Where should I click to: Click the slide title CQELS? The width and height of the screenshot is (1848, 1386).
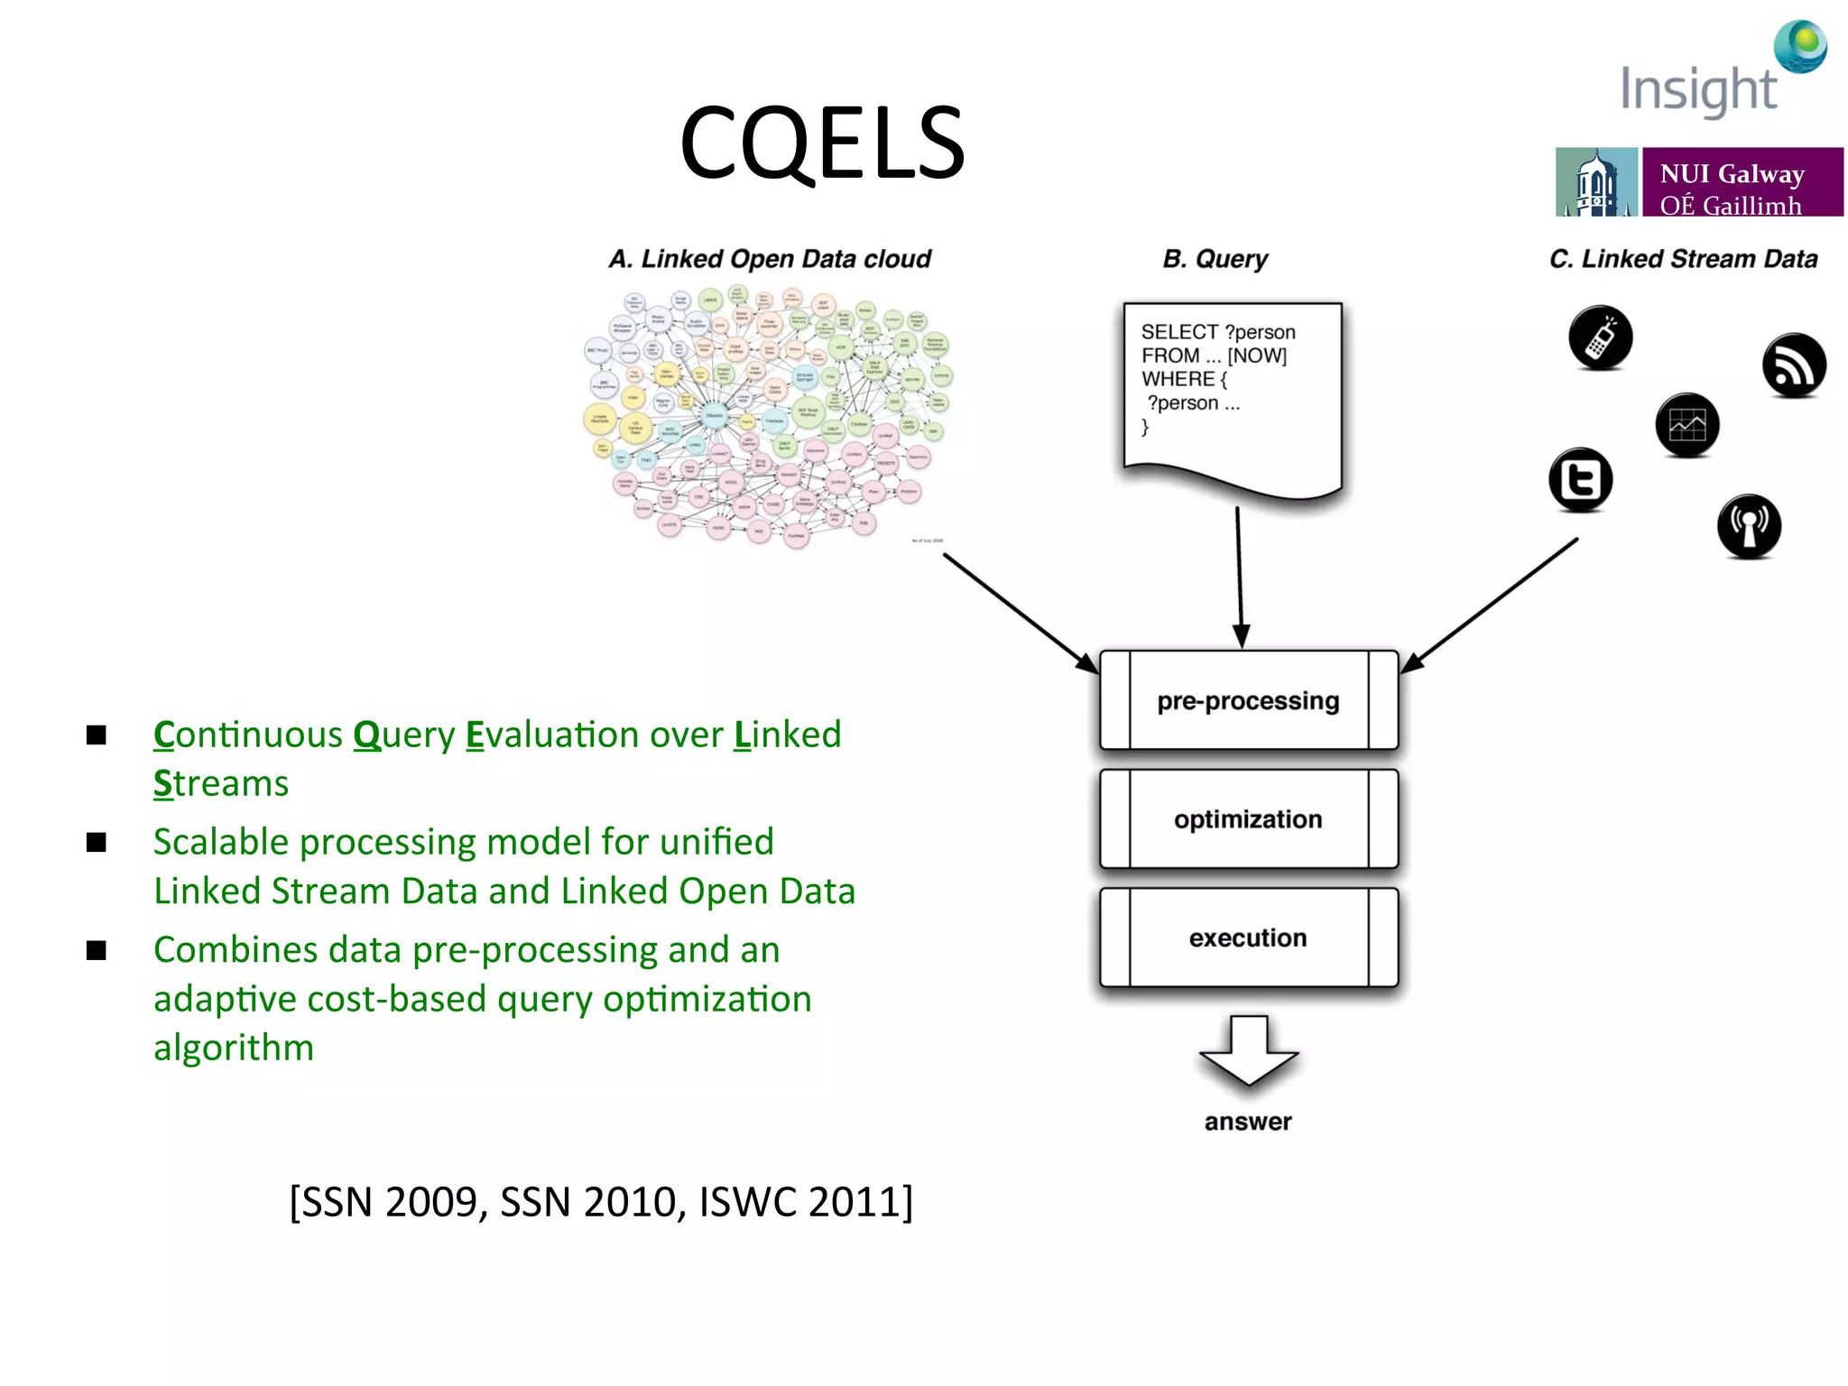[822, 143]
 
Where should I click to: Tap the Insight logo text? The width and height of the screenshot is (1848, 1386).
[1697, 90]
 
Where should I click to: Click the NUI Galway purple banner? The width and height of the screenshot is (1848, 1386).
[1742, 183]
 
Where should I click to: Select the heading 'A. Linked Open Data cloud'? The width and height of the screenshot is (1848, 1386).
[770, 259]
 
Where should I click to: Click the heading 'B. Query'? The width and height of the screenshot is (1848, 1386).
[1215, 259]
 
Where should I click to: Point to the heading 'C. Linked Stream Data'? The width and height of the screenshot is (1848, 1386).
[1683, 259]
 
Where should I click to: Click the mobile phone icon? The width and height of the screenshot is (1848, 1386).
[1600, 338]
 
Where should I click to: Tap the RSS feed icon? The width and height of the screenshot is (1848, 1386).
[1794, 365]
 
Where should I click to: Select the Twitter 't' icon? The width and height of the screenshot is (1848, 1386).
[1581, 479]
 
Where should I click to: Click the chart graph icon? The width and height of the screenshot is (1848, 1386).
[1687, 425]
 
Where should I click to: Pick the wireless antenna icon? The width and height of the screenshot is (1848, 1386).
[1749, 526]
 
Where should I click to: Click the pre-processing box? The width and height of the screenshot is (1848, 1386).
[1248, 701]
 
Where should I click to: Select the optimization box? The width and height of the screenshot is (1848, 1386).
[1248, 819]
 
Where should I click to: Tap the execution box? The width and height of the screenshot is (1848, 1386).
[1248, 938]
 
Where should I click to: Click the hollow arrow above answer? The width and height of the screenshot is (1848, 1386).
[1248, 1051]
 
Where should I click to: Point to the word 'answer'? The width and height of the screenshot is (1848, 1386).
[1248, 1122]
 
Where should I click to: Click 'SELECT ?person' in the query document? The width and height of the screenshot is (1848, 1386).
[1217, 332]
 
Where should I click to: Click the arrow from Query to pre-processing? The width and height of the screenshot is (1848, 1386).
[1240, 577]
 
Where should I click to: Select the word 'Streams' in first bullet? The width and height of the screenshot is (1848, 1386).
[221, 783]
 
